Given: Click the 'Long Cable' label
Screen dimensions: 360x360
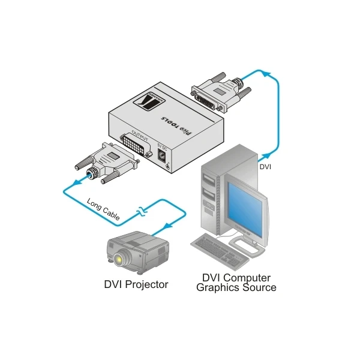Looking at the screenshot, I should (103, 208).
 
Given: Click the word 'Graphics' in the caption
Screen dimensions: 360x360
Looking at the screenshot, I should (218, 287).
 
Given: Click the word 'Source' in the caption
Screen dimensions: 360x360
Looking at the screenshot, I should (259, 287).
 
